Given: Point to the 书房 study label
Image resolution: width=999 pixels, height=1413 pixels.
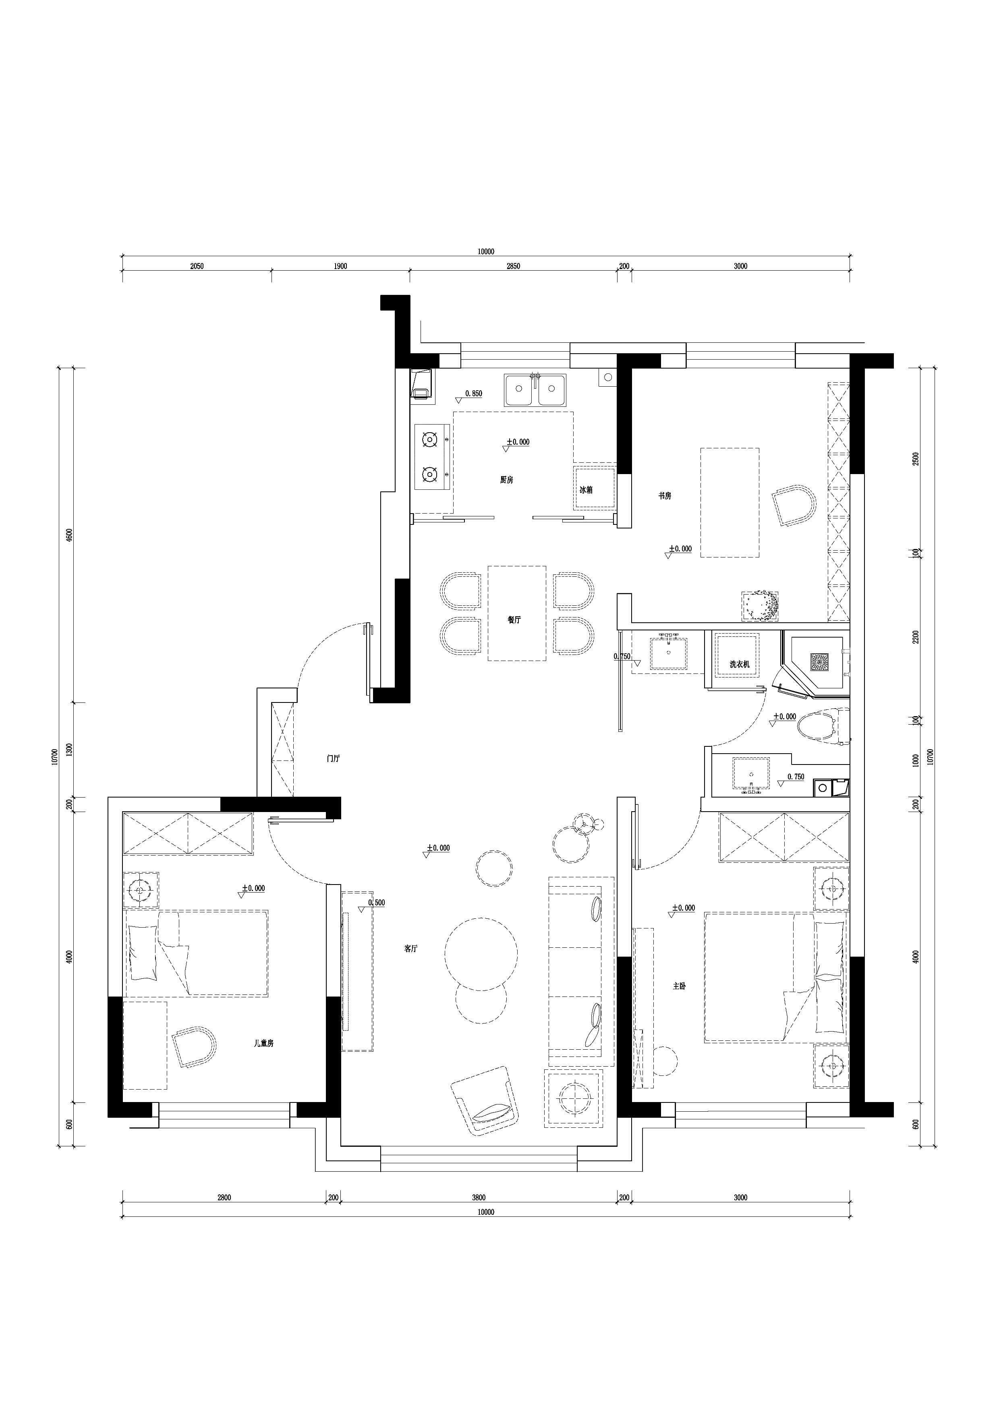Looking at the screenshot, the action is click(664, 495).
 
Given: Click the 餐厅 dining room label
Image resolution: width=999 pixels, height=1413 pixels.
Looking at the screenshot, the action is click(514, 620).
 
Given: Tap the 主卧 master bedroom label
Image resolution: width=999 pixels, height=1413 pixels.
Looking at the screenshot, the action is click(679, 1003).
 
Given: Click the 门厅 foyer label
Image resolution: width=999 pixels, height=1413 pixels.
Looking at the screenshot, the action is click(333, 759).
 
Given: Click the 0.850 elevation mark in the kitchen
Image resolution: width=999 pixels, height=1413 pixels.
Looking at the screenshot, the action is click(473, 393).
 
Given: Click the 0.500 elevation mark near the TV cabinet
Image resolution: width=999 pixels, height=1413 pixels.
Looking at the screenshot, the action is click(376, 902).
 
